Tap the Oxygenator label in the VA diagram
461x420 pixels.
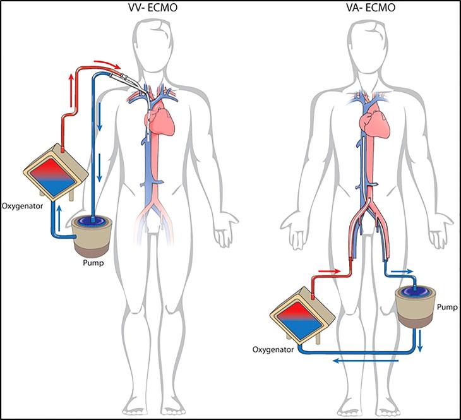pyautogui.click(x=273, y=348)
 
